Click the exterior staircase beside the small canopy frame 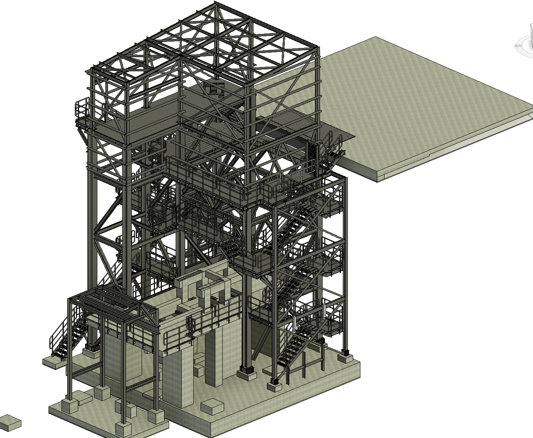coord(69,335)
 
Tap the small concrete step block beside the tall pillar coord(199,370)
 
